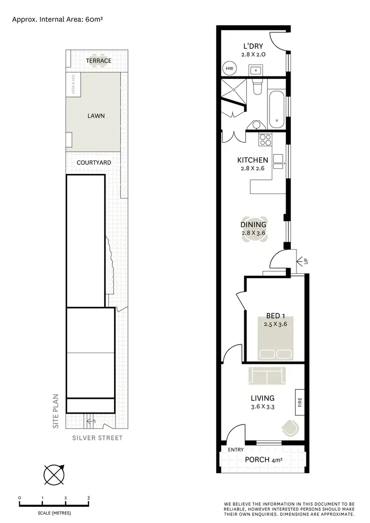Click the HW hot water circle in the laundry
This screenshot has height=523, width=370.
click(x=229, y=69)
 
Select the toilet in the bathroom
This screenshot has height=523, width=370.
click(x=257, y=87)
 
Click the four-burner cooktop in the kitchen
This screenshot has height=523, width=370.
click(x=265, y=139)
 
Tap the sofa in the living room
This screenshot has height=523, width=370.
click(x=267, y=376)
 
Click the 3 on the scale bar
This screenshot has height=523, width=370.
click(x=89, y=498)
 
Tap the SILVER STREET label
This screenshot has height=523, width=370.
click(x=97, y=438)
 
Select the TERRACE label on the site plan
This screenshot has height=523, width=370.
click(x=99, y=61)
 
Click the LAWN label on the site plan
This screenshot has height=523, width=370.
click(x=96, y=116)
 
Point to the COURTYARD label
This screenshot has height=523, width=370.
click(x=94, y=162)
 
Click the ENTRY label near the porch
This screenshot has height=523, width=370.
click(x=235, y=449)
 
